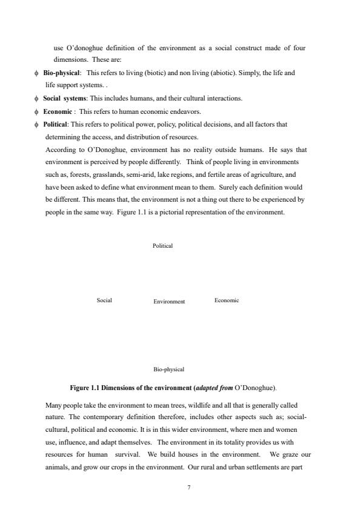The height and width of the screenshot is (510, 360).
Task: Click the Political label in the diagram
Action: pos(162,246)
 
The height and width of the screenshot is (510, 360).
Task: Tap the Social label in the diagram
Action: pos(104,300)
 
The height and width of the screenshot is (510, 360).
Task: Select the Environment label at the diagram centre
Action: pos(169,301)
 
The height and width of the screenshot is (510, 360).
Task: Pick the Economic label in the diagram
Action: pos(227,300)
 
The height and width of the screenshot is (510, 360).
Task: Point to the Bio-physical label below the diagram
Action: pos(169,369)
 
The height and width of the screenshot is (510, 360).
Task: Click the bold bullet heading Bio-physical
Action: pos(61,73)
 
